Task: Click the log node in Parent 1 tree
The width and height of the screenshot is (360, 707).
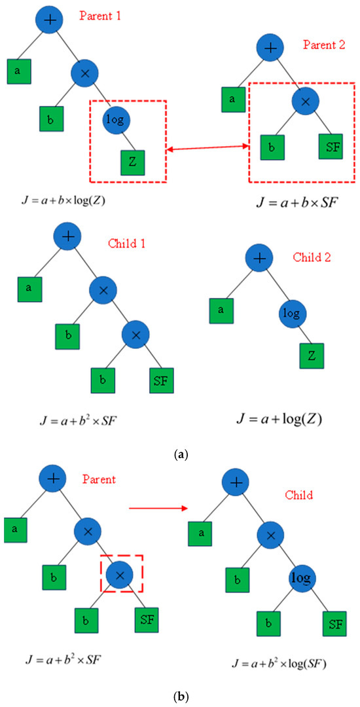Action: click(x=117, y=120)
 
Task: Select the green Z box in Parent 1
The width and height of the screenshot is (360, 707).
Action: click(x=132, y=161)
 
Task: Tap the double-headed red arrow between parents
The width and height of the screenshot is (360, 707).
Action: click(x=207, y=150)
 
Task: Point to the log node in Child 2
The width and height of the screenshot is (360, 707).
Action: click(x=292, y=313)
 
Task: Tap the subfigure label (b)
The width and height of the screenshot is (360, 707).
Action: click(x=179, y=694)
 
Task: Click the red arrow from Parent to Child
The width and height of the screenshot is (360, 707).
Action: click(x=158, y=507)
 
